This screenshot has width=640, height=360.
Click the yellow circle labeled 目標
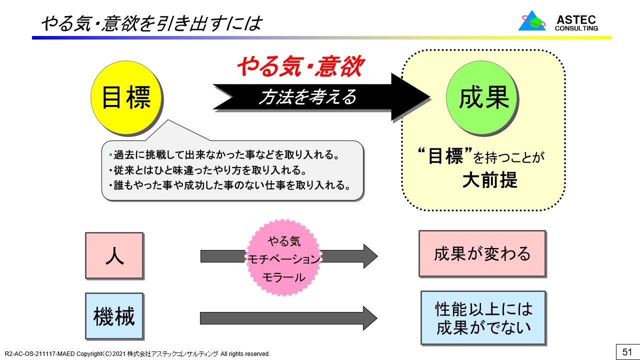point(126,97)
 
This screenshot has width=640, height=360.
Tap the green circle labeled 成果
point(483,97)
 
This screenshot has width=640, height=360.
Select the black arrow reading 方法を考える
point(307,97)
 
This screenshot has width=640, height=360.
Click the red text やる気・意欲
point(299,67)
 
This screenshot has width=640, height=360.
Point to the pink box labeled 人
point(114,255)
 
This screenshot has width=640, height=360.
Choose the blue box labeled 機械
point(114,316)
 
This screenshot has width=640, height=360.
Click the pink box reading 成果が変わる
point(482,253)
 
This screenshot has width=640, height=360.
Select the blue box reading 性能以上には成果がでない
point(483,318)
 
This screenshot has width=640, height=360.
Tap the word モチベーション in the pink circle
point(284,259)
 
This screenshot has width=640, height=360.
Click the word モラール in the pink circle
point(284,277)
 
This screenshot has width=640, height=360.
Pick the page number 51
point(627,352)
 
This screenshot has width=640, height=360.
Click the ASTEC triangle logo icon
point(532,21)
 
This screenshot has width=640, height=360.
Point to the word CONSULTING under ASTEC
point(576,28)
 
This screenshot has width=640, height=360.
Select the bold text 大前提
point(483,180)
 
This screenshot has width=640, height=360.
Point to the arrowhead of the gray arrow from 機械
point(369,318)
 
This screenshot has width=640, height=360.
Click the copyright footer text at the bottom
point(137,354)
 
